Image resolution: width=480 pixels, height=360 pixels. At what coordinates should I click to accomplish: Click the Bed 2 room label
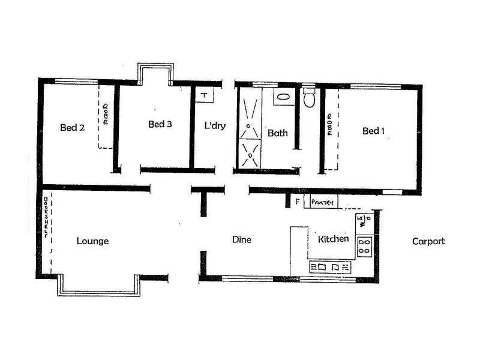pyautogui.click(x=71, y=127)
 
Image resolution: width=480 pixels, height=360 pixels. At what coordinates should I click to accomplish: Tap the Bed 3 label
pyautogui.click(x=160, y=125)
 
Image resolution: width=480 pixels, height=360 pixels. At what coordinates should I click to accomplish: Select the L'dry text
pyautogui.click(x=215, y=127)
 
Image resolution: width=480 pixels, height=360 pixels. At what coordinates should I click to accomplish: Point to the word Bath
pyautogui.click(x=278, y=133)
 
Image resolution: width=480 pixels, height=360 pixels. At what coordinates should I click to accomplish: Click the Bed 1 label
pyautogui.click(x=373, y=131)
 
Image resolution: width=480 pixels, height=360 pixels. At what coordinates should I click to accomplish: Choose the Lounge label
pyautogui.click(x=92, y=241)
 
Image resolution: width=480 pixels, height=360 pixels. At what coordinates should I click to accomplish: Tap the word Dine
pyautogui.click(x=241, y=240)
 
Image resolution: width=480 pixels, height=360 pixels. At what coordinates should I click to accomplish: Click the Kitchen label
pyautogui.click(x=333, y=239)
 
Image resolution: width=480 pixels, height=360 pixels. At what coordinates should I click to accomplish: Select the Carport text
pyautogui.click(x=428, y=241)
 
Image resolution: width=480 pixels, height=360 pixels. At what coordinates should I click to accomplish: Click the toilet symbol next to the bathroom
pyautogui.click(x=310, y=98)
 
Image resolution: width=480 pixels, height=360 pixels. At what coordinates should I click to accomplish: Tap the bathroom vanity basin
pyautogui.click(x=283, y=97)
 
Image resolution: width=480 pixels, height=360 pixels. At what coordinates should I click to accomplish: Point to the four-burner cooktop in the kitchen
pyautogui.click(x=364, y=245)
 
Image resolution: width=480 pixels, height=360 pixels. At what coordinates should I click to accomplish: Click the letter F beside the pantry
pyautogui.click(x=296, y=202)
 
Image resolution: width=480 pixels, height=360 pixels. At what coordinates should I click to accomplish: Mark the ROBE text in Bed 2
pyautogui.click(x=106, y=113)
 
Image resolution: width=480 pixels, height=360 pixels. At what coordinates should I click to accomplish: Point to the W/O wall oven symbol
pyautogui.click(x=362, y=221)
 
